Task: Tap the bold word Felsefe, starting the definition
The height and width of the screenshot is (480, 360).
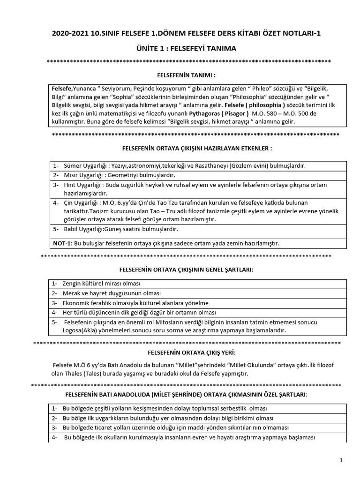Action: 62,88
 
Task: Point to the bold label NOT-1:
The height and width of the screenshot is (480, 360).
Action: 63,243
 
